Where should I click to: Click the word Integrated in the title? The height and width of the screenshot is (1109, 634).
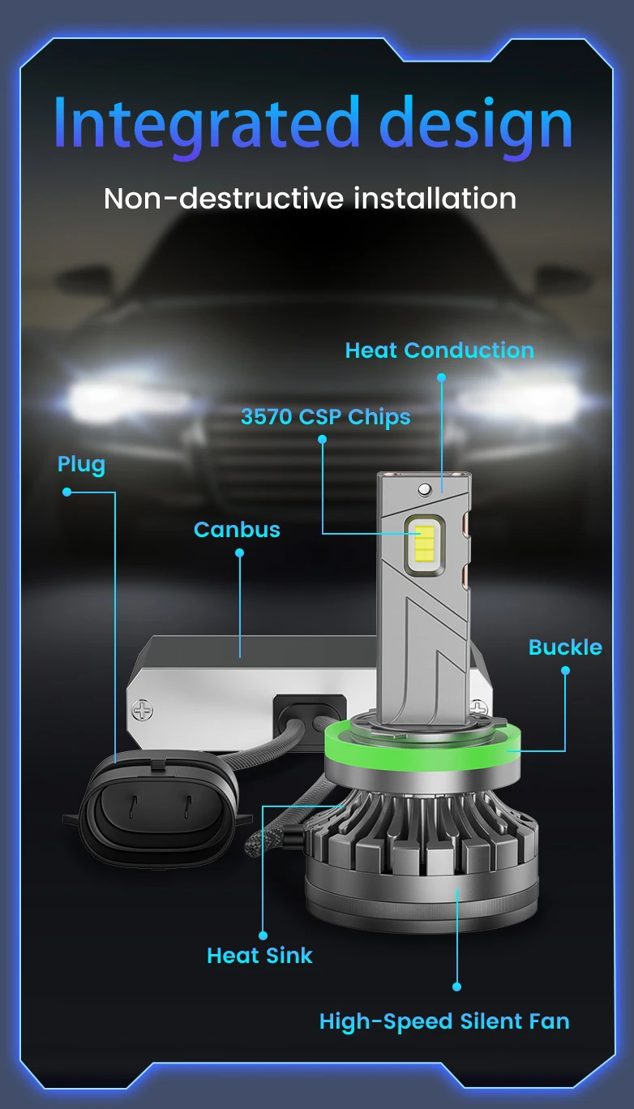pos(206,124)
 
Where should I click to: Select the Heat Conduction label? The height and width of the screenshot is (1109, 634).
pos(439,350)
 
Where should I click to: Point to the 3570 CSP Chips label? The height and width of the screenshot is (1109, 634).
pos(325,417)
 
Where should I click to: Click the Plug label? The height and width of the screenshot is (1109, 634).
pos(81,465)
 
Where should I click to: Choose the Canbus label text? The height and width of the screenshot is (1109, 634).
pos(237,530)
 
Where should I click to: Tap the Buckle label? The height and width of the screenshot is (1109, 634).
pos(565,647)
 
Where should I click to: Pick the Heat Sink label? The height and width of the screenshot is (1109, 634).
pos(259,956)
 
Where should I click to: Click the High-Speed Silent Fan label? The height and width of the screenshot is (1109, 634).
pos(444,1021)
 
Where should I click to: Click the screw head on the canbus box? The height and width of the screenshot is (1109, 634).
pos(143,711)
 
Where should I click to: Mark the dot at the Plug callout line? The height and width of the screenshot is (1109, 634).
pos(66,492)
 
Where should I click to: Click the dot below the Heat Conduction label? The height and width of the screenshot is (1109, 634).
pos(441,377)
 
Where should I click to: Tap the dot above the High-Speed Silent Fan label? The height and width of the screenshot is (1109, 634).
pos(456,986)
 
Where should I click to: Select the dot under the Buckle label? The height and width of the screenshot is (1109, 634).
pos(565,670)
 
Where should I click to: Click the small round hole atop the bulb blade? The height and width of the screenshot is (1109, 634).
pos(423,489)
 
